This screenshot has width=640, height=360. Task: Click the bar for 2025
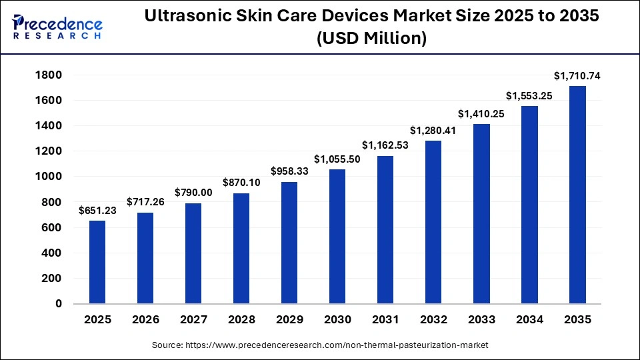click(97, 262)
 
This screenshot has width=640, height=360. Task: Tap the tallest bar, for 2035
click(577, 195)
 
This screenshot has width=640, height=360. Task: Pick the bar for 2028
click(241, 248)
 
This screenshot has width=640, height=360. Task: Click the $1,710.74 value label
click(577, 76)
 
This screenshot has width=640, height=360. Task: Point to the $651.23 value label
click(97, 211)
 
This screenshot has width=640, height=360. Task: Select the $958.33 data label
click(289, 171)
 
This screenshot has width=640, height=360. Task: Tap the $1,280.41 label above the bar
click(433, 131)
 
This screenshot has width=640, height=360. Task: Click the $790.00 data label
click(193, 193)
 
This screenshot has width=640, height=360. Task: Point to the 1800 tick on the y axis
click(49, 75)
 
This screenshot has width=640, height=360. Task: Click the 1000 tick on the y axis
click(49, 177)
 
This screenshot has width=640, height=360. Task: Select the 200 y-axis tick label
click(52, 279)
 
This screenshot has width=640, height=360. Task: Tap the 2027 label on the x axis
click(193, 319)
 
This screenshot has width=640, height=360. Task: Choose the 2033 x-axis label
click(481, 319)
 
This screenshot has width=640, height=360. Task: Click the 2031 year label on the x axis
click(385, 319)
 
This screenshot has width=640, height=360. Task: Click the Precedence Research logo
click(57, 27)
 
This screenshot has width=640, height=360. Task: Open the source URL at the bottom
click(339, 345)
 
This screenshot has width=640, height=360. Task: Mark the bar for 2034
click(529, 205)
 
